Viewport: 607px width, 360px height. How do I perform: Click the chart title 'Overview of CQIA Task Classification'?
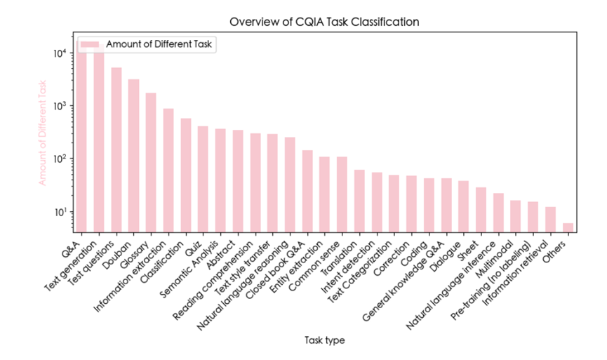323,22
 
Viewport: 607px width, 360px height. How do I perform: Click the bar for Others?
568,227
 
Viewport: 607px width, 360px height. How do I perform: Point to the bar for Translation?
359,201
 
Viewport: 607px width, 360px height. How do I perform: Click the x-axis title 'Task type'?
324,340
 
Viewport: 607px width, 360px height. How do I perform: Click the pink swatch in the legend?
89,44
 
